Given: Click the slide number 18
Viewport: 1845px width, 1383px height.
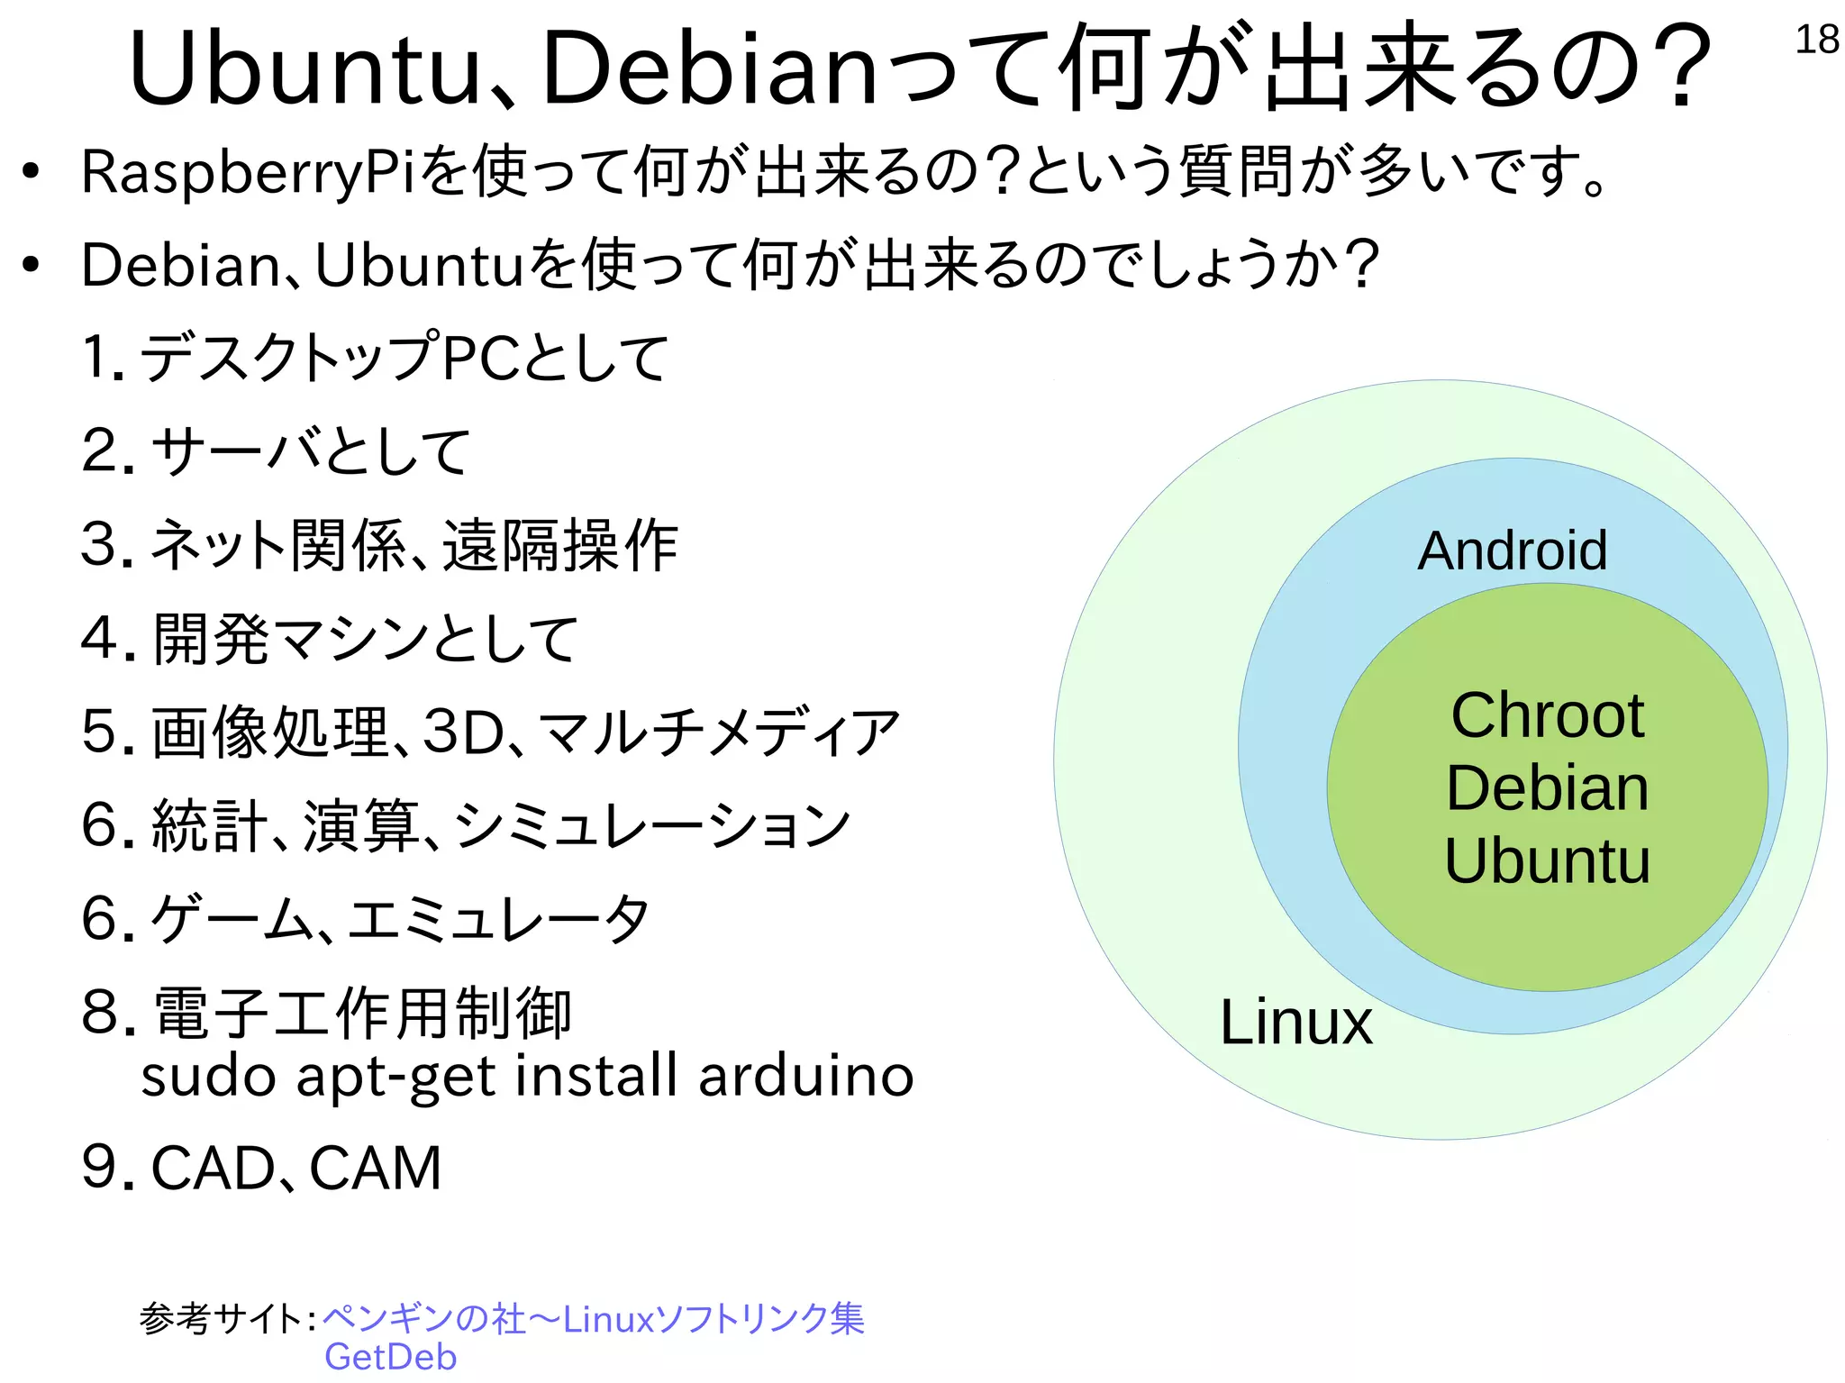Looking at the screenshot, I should tap(1816, 40).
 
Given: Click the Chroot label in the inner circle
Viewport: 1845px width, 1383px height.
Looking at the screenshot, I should tap(1547, 715).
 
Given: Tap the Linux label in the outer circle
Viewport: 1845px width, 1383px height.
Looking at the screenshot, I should tap(1295, 1023).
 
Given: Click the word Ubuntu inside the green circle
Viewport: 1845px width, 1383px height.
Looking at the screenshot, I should tap(1547, 860).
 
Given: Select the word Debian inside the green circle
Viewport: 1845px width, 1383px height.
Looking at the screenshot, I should tap(1547, 787).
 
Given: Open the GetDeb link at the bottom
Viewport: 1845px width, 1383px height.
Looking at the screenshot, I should tap(390, 1357).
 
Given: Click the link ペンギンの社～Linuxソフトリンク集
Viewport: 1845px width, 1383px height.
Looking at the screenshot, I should tap(593, 1318).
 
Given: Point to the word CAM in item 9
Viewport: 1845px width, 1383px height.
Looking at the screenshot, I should tap(376, 1169).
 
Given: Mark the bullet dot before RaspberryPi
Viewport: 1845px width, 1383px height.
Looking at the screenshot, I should tap(32, 171).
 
